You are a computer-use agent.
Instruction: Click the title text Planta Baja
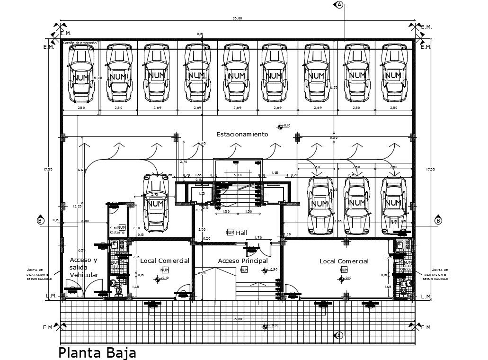coord(97,352)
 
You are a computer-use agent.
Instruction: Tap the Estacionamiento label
coord(242,135)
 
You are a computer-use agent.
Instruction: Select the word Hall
coord(241,232)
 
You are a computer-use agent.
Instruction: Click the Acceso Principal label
coord(243,261)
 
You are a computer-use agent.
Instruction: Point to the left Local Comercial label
coord(165,261)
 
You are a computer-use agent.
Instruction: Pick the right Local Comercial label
coord(344,261)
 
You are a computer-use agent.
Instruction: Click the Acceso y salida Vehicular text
coord(84,268)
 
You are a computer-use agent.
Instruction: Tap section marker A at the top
coord(339,5)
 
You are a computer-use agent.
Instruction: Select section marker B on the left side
coord(40,221)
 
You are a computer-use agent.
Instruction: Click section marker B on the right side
coord(438,221)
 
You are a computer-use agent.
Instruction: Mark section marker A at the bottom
coord(339,335)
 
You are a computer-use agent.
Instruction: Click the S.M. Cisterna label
coord(116,230)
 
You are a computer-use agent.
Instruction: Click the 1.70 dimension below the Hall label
coord(258,238)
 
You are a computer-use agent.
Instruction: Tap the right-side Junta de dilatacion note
coord(436,274)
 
